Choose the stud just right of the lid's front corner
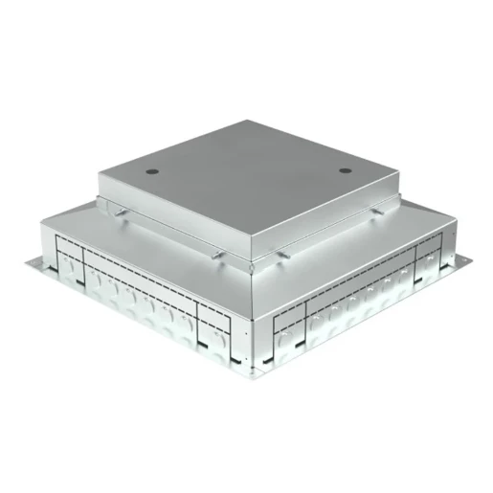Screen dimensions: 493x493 (283, 256)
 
